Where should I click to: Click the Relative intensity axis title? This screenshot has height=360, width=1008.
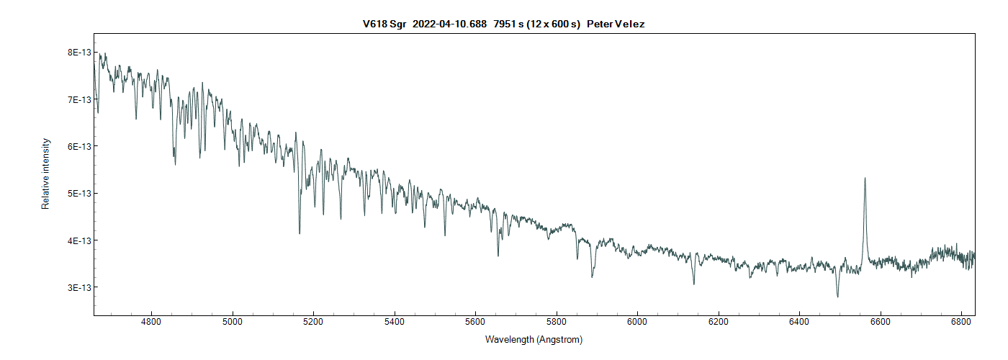pyautogui.click(x=45, y=174)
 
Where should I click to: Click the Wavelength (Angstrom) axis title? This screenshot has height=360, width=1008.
pyautogui.click(x=534, y=340)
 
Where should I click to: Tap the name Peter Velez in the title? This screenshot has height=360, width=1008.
pyautogui.click(x=616, y=24)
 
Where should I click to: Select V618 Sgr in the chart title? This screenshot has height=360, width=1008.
pyautogui.click(x=384, y=24)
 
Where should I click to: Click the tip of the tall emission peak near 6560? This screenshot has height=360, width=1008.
pyautogui.click(x=865, y=178)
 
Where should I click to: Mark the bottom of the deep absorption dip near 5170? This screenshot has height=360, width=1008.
pyautogui.click(x=300, y=233)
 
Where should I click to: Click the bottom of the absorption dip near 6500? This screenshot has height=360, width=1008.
pyautogui.click(x=837, y=297)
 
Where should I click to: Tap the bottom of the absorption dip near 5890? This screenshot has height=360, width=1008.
pyautogui.click(x=592, y=277)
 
